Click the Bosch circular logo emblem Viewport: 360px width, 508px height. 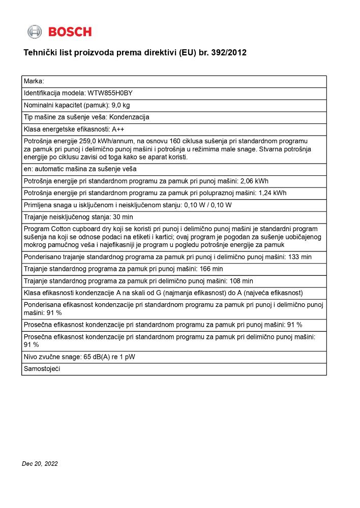[x=35, y=32]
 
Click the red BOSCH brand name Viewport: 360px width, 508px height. [x=70, y=32]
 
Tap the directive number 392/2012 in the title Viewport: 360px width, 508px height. [x=229, y=53]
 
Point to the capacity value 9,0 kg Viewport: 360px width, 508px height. [x=121, y=105]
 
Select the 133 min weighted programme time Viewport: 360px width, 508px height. [x=299, y=257]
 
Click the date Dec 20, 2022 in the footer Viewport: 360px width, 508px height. [x=40, y=464]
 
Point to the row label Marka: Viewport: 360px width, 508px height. [x=34, y=81]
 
